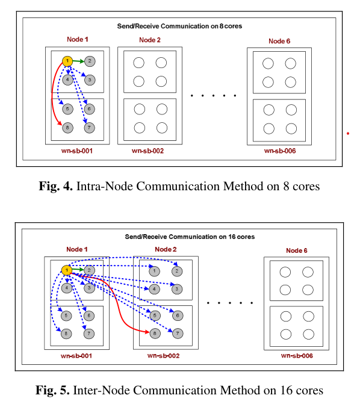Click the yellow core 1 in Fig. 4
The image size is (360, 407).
[67, 61]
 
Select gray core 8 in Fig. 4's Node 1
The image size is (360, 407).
[67, 128]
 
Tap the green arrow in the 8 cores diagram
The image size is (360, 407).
[79, 61]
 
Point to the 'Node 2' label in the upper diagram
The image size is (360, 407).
[150, 40]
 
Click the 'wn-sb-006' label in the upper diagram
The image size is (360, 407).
[280, 151]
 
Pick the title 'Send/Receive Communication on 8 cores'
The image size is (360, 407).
[179, 26]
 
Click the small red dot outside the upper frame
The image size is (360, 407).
[348, 134]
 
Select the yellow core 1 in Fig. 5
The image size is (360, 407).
[67, 270]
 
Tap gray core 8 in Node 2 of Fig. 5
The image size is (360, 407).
[155, 334]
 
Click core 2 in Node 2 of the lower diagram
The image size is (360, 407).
[177, 272]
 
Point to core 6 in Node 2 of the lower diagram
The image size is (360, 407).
[178, 315]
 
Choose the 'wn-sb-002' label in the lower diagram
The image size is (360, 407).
[163, 356]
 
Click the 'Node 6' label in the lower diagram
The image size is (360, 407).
[296, 250]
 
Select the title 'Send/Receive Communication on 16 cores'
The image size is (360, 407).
[190, 237]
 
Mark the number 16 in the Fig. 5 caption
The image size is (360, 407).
[286, 390]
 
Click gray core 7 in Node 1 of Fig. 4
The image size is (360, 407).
[89, 128]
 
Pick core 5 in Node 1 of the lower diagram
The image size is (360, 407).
[66, 315]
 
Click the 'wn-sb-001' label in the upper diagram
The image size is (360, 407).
[77, 151]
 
